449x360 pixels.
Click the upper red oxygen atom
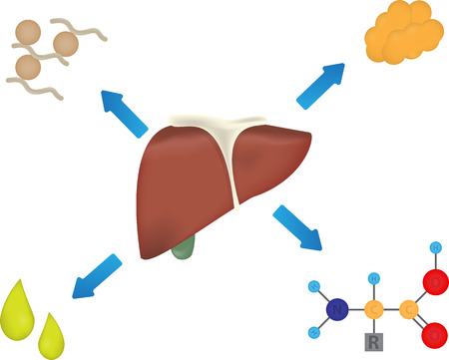tap(435, 283)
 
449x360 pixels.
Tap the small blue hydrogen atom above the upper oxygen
tap(434, 246)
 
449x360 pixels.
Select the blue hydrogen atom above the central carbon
tap(373, 277)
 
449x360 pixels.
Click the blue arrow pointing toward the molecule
tap(297, 227)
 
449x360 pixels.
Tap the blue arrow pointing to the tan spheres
tap(123, 112)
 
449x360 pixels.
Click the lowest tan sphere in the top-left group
tap(28, 67)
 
